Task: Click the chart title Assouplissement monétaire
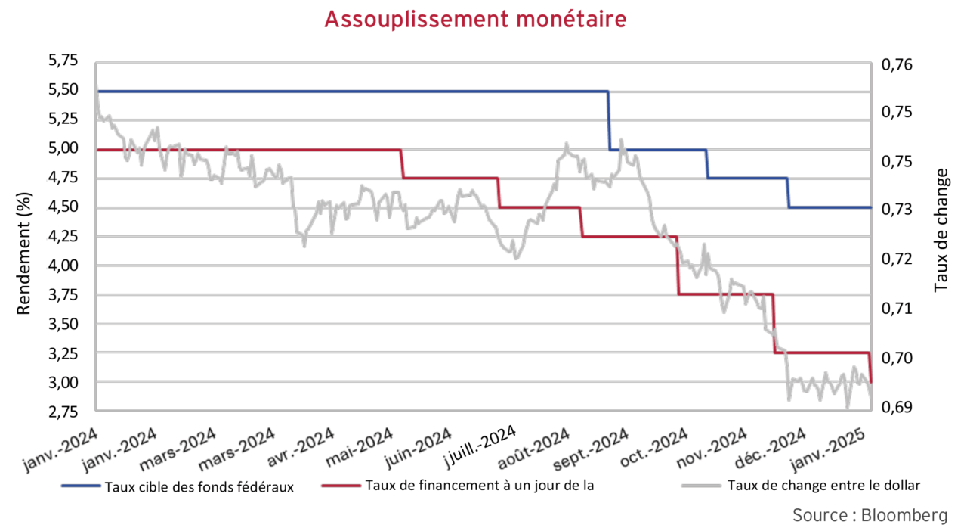tap(475, 18)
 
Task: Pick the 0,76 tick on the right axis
tap(897, 64)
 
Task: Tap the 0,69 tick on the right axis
tap(897, 407)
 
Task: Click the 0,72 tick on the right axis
tap(897, 259)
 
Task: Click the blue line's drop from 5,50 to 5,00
tap(609, 121)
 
